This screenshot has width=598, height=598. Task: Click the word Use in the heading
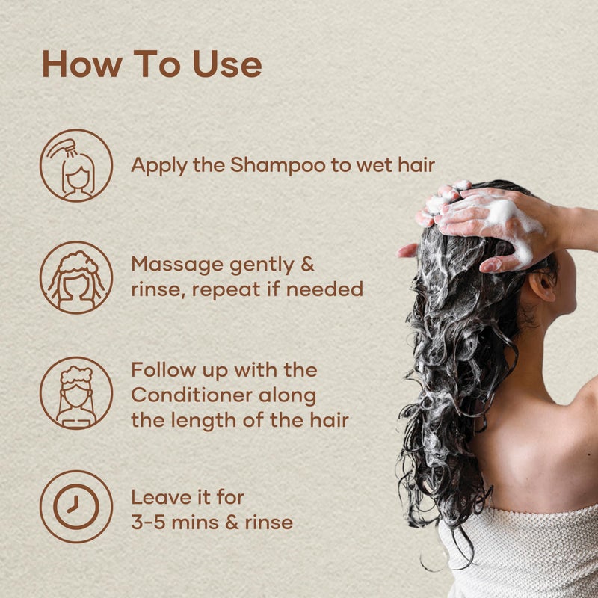point(226,65)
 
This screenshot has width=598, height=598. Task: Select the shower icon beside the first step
point(76,165)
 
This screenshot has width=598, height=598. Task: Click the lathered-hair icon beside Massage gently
point(76,277)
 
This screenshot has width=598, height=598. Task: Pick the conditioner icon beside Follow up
point(76,392)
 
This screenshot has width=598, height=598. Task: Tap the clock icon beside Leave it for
point(76,507)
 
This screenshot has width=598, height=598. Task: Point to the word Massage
point(176,266)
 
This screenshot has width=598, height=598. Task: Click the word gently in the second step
point(260,266)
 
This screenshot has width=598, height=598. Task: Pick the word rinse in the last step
point(262,522)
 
